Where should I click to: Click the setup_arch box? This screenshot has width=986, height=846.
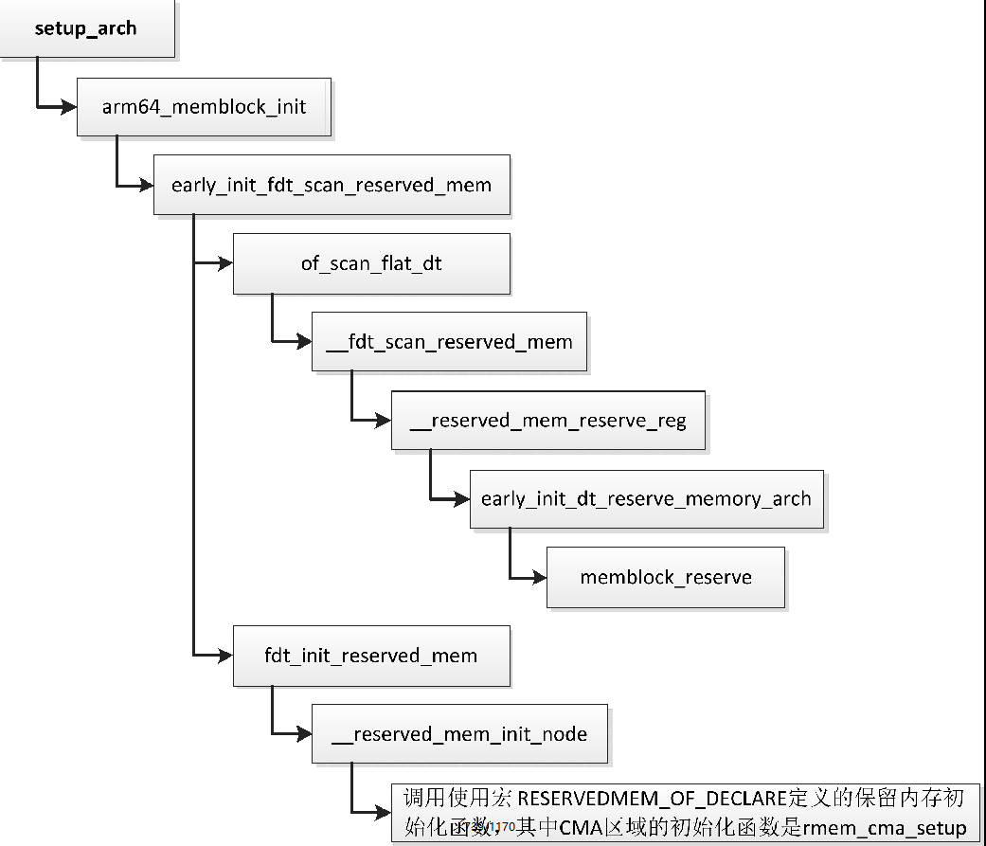[86, 28]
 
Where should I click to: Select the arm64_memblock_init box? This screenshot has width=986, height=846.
[204, 106]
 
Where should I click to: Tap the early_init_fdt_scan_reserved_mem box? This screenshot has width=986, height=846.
[332, 185]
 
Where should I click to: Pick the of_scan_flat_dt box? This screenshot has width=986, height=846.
[371, 263]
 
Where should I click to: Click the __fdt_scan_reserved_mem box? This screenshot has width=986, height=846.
[449, 341]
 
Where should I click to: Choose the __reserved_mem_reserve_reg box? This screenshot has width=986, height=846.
[547, 420]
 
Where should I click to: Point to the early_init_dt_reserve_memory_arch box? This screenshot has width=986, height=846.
[646, 498]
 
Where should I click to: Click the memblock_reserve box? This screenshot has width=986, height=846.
[665, 577]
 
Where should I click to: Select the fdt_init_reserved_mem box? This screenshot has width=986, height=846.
[371, 656]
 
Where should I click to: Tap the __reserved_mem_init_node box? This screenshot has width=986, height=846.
[459, 734]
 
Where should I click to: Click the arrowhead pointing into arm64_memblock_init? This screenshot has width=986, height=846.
[67, 107]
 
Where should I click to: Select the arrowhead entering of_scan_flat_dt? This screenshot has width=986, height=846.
[224, 264]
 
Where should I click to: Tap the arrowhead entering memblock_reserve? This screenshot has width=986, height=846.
[538, 578]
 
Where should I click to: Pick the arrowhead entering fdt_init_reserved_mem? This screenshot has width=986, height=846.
[224, 656]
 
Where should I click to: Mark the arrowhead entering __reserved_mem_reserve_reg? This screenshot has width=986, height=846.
[383, 421]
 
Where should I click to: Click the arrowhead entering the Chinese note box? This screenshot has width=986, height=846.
[383, 812]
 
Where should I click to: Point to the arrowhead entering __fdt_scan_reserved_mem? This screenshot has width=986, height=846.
[303, 342]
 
